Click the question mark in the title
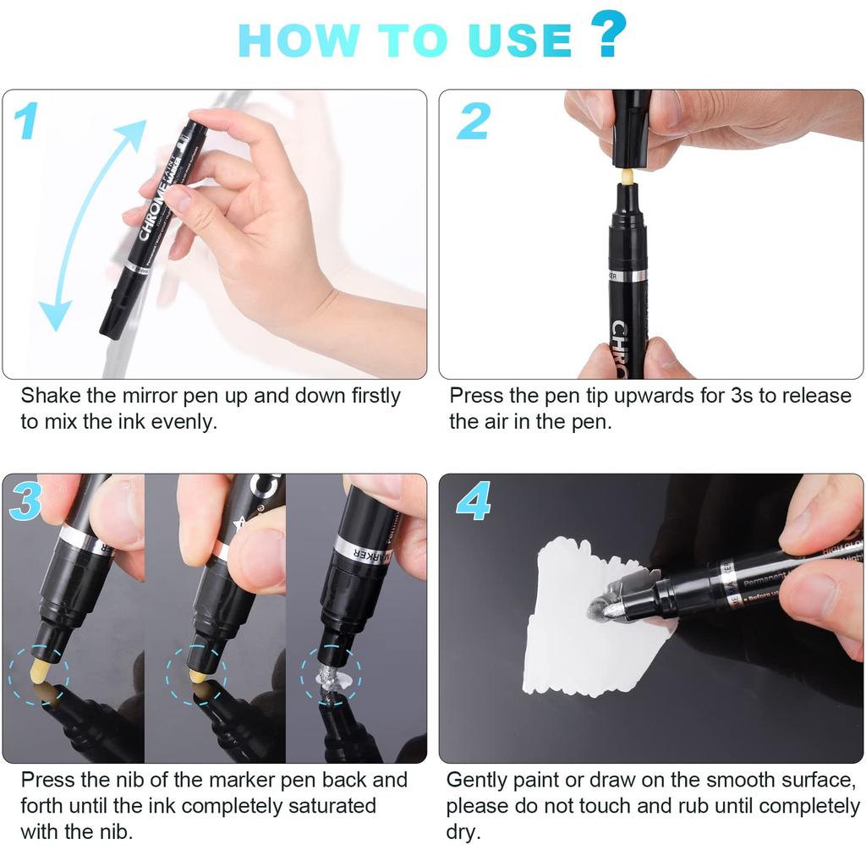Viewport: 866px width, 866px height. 608,35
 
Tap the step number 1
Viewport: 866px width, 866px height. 26,121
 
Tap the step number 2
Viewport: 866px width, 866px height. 474,121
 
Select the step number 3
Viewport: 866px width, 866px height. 25,503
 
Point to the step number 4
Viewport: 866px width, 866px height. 474,503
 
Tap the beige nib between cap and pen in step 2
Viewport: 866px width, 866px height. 627,176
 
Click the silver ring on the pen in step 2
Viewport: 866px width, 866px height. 628,276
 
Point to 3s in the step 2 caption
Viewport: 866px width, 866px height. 739,396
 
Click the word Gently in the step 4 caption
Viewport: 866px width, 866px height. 477,780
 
